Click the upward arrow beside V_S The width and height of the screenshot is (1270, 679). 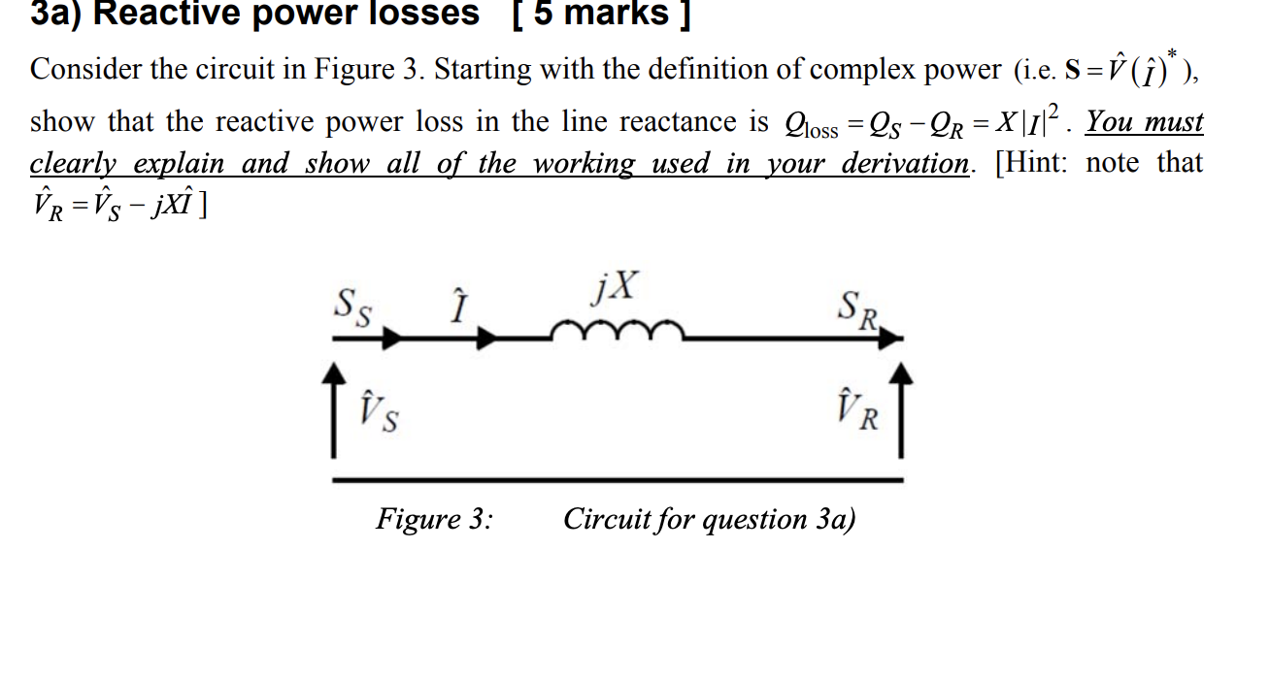(x=333, y=408)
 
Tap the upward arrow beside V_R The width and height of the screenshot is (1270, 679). (x=902, y=408)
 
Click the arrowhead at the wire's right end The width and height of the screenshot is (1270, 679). (x=895, y=339)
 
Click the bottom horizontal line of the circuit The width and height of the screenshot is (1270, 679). (x=618, y=479)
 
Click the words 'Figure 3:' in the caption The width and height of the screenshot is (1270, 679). (x=434, y=519)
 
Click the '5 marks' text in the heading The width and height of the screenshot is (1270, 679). (x=603, y=14)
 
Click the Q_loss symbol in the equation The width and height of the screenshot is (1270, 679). (x=810, y=125)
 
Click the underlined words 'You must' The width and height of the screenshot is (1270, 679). (x=1145, y=122)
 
